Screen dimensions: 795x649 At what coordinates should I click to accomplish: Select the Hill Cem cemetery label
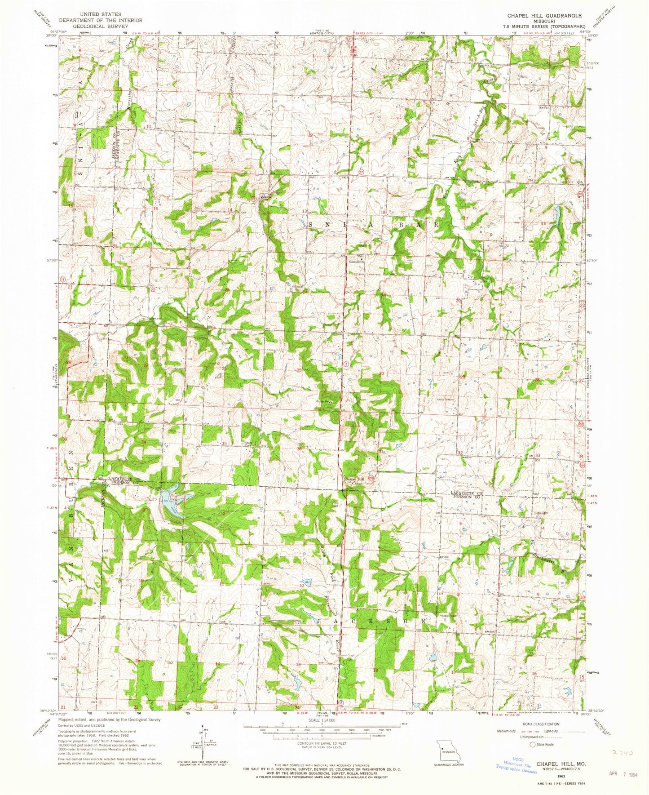188,555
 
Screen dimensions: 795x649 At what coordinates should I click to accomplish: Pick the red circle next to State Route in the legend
533,744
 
